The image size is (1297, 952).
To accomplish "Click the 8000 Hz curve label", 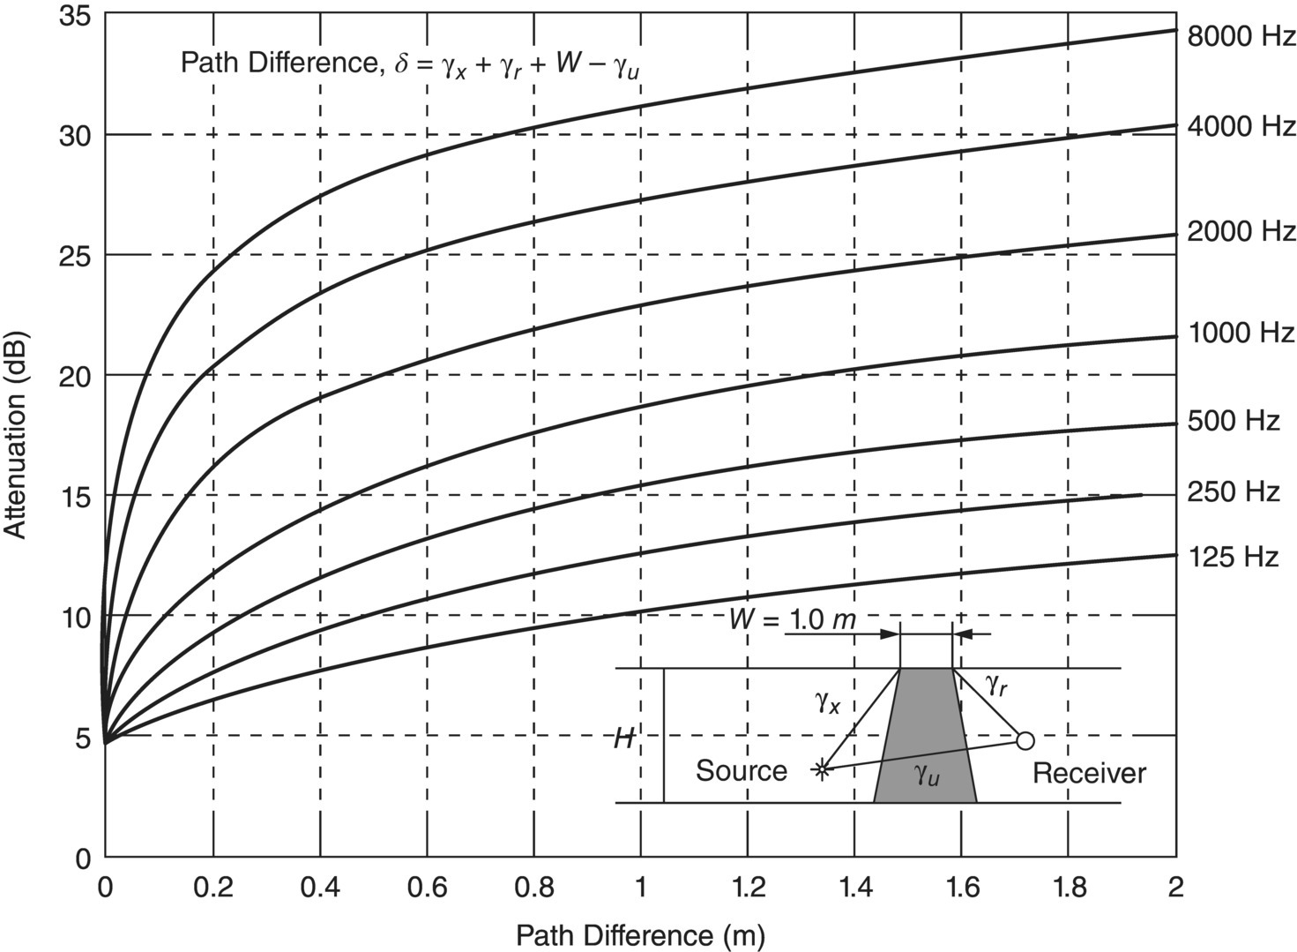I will click(1241, 37).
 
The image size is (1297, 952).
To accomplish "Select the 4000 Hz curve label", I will click(1241, 127).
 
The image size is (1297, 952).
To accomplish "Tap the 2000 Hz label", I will click(1241, 231).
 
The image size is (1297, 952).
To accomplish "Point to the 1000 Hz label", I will click(1241, 333).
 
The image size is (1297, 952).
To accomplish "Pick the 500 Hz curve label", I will click(1233, 421).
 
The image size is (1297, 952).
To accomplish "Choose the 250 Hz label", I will click(1233, 491).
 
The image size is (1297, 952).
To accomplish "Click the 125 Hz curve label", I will click(1233, 558).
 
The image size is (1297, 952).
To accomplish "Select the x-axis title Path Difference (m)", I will click(640, 934).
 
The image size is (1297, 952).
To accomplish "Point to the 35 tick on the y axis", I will click(75, 16).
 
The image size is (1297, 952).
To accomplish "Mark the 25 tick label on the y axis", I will click(75, 256).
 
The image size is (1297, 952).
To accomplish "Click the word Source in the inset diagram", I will click(741, 771).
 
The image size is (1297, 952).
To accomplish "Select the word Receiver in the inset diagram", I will click(1089, 774).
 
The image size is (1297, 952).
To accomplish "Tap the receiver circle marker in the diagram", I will click(1025, 740).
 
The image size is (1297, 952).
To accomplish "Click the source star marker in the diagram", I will click(822, 769).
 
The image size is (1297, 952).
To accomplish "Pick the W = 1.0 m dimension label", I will click(792, 619).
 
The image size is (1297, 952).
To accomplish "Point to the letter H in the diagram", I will click(625, 738).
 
